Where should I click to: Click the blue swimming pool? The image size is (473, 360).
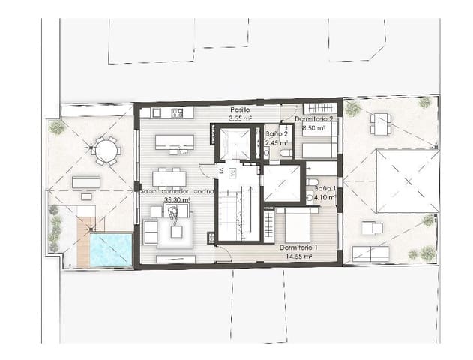(110, 249)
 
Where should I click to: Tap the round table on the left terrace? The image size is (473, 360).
(106, 151)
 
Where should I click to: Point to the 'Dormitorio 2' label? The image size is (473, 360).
(314, 119)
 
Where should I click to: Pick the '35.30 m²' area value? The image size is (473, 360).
(176, 200)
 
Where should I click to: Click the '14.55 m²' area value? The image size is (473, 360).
(299, 256)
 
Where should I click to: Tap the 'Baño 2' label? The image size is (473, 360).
(275, 134)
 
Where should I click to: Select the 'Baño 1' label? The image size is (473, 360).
(325, 189)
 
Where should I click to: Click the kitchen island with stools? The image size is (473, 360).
(174, 142)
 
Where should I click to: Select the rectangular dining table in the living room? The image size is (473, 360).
(169, 178)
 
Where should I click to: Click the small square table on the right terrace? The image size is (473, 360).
(380, 122)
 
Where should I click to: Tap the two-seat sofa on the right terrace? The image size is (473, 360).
(370, 253)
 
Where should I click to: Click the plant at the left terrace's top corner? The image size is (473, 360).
(56, 127)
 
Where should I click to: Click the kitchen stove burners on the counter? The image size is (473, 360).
(178, 112)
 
